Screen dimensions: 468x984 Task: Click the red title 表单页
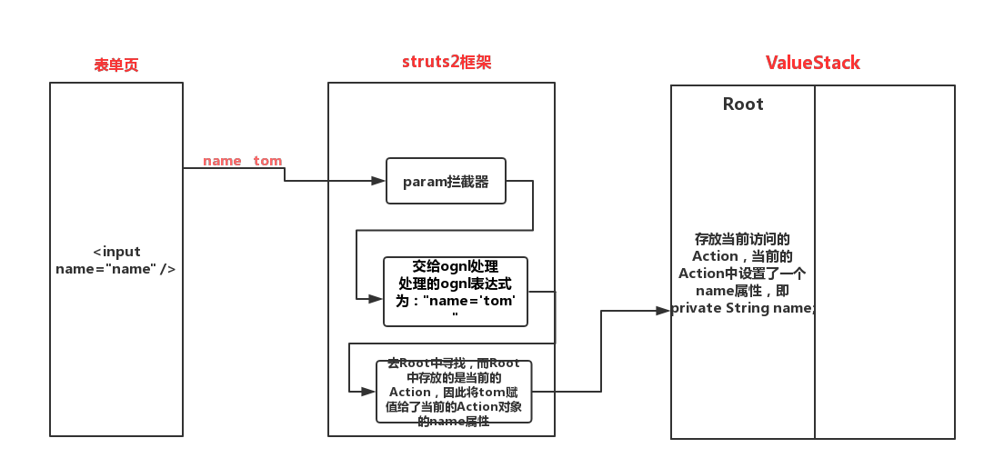pyautogui.click(x=116, y=65)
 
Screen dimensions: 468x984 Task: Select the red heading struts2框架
pyautogui.click(x=447, y=62)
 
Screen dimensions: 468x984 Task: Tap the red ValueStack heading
pyautogui.click(x=812, y=63)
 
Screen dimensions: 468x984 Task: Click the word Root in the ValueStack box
pyautogui.click(x=743, y=104)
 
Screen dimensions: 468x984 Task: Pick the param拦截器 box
pyautogui.click(x=446, y=182)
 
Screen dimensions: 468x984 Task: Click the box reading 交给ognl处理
pyautogui.click(x=455, y=291)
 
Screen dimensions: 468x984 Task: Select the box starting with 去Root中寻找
pyautogui.click(x=454, y=392)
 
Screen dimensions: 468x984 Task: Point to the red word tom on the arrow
pyautogui.click(x=267, y=161)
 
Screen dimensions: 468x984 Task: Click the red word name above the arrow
pyautogui.click(x=222, y=161)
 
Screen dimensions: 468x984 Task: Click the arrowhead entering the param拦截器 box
pyautogui.click(x=379, y=182)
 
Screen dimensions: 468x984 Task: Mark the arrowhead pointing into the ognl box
pyautogui.click(x=376, y=298)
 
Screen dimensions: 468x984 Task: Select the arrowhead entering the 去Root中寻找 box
pyautogui.click(x=368, y=391)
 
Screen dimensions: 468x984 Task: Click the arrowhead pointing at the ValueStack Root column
pyautogui.click(x=663, y=310)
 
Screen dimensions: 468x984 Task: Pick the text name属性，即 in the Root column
pyautogui.click(x=742, y=292)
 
